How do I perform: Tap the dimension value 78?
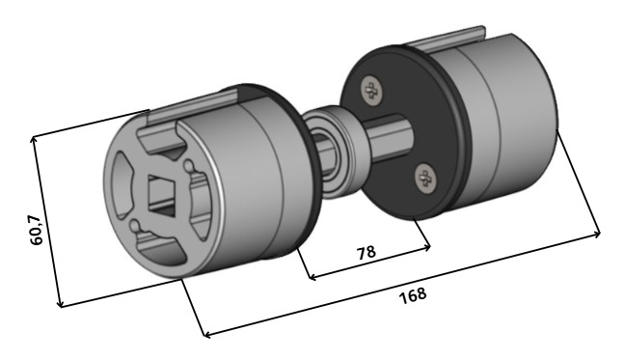click(x=366, y=253)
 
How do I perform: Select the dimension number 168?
click(x=413, y=295)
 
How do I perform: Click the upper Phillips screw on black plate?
click(x=372, y=91)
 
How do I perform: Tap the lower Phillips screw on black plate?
click(x=426, y=179)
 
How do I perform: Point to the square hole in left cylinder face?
click(x=161, y=195)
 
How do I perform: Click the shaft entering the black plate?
click(x=389, y=137)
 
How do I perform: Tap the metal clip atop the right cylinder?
click(x=447, y=40)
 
